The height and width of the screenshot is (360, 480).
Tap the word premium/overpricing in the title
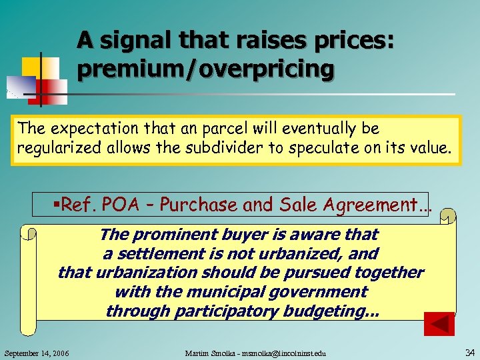click(x=205, y=69)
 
